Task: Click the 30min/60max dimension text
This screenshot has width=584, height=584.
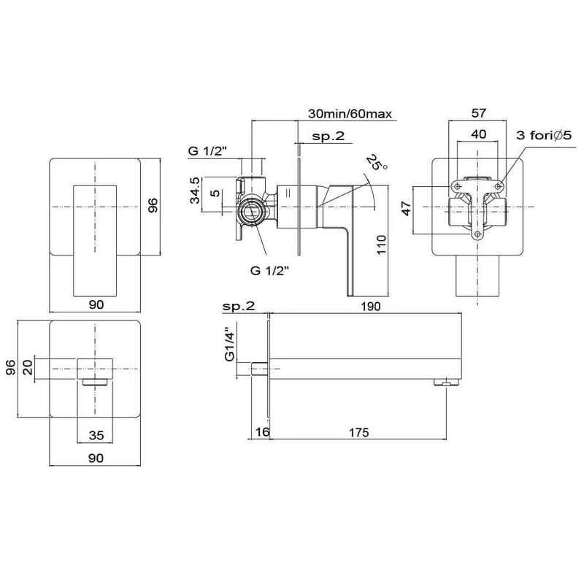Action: coord(350,113)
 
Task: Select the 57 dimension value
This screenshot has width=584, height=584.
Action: coord(479,113)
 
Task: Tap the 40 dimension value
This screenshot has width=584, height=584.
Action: coord(478,134)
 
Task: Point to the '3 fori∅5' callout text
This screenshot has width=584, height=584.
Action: coord(543,135)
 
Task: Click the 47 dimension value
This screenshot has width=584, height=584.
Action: coord(407,208)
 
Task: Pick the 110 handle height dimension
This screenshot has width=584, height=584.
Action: coord(381,245)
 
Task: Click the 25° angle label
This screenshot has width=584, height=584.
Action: coord(376,162)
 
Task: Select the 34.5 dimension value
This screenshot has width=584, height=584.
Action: coord(195,191)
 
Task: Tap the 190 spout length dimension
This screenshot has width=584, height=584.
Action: coord(371,307)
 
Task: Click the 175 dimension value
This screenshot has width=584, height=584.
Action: coord(358,432)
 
